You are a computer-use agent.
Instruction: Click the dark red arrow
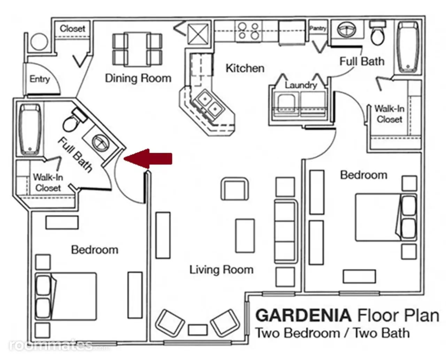coord(148,158)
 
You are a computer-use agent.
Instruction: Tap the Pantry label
coord(318,28)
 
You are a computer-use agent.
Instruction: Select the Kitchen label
coord(245,68)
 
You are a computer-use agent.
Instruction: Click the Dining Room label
coord(138,78)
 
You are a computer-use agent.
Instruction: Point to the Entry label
coord(40,79)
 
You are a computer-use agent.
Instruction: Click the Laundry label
coord(301,85)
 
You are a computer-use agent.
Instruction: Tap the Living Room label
coord(221,269)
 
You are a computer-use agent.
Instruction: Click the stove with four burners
coord(249,31)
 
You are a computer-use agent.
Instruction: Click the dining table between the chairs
coord(137,49)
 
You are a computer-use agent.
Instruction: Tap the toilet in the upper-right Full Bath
coord(377,33)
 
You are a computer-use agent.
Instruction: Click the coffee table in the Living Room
coord(245,236)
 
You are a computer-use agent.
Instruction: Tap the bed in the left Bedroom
coord(66,296)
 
